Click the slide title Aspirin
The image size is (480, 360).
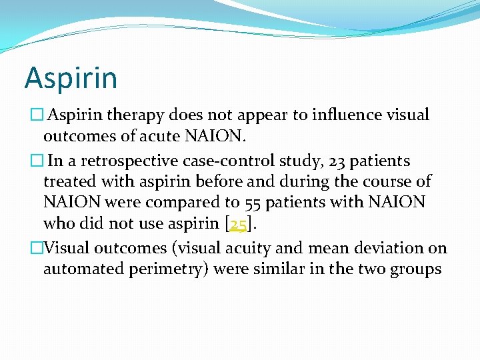71,78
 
